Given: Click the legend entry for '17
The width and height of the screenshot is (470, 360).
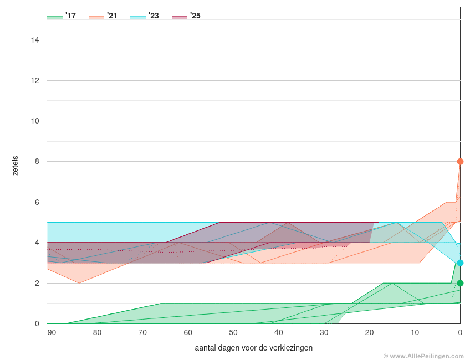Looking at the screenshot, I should [x=62, y=16].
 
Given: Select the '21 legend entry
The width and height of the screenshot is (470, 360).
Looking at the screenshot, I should [x=103, y=16].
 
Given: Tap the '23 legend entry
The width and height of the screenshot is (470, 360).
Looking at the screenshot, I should [x=145, y=16].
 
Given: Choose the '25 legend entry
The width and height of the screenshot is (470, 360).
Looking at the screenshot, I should [x=186, y=16].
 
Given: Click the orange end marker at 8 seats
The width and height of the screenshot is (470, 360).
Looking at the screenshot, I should [x=460, y=162].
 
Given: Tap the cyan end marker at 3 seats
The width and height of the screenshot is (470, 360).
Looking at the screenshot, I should [x=460, y=263].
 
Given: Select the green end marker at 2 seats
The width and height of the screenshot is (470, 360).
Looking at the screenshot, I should [x=460, y=283].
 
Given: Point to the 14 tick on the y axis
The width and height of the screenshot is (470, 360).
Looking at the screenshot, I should [x=35, y=40].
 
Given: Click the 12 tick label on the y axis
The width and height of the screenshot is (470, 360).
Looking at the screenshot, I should [x=35, y=80].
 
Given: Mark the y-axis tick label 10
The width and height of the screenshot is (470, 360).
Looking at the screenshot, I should [x=35, y=121].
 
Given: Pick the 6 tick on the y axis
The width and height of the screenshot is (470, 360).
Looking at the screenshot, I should [x=37, y=202].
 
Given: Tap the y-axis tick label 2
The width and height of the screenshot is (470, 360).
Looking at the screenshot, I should [x=37, y=283].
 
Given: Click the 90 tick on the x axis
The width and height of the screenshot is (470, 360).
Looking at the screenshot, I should [x=52, y=332].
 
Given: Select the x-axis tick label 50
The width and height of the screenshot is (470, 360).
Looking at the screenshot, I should [x=233, y=332].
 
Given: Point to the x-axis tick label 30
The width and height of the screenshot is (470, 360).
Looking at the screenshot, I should [x=324, y=332].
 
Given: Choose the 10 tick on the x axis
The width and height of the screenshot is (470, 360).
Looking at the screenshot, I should [x=415, y=332].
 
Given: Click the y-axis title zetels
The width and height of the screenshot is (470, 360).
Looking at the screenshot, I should [x=16, y=166].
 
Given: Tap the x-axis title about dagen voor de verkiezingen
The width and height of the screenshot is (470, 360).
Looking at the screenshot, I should [x=254, y=348].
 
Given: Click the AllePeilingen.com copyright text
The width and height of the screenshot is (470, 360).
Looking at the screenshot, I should [x=423, y=356].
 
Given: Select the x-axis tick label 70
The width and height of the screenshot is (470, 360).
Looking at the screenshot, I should [x=142, y=332].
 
